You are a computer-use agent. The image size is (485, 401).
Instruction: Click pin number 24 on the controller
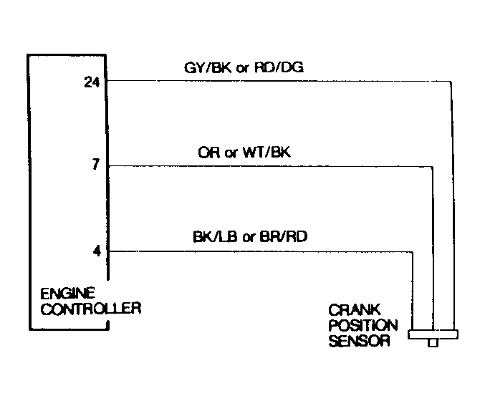pos(91,82)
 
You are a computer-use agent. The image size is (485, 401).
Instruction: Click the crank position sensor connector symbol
pos(432,334)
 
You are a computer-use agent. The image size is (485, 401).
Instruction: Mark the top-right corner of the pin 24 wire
pos(451,82)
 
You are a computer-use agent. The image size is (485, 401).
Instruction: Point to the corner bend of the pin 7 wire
pos(433,167)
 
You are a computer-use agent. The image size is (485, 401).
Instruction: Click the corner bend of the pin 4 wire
pos(413,251)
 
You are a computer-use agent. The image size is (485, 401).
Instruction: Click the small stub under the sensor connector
pos(432,343)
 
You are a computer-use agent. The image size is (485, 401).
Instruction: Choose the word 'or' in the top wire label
pos(241,69)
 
